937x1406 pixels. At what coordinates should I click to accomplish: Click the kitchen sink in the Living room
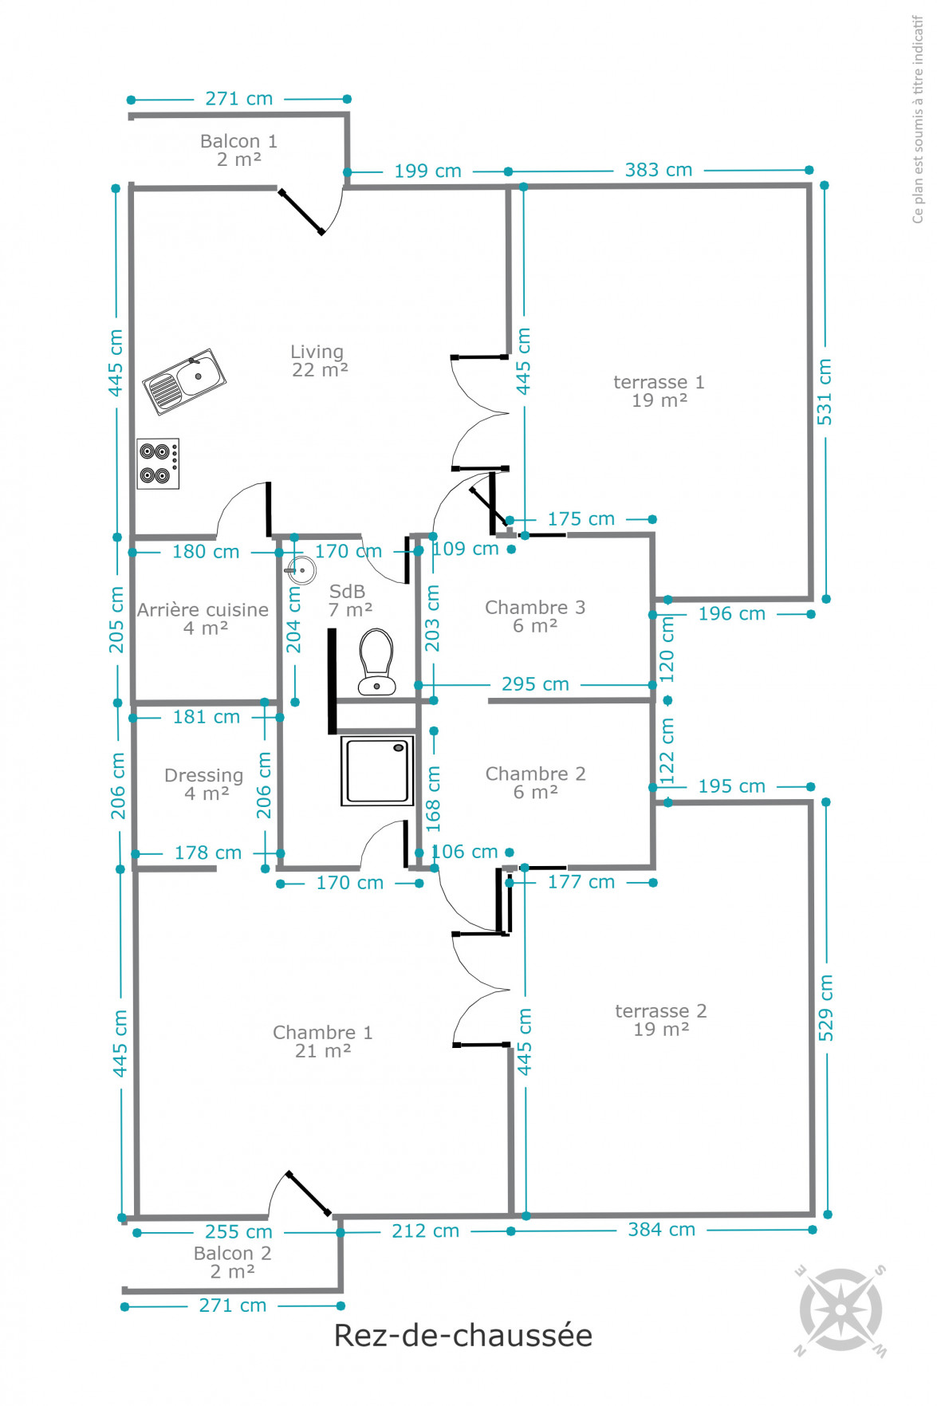184,381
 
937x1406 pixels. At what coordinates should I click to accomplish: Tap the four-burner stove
158,463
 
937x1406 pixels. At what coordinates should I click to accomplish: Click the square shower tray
378,770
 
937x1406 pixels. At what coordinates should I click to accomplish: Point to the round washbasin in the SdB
301,570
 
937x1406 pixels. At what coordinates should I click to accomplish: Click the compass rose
841,1310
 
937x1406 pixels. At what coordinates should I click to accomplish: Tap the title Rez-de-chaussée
463,1336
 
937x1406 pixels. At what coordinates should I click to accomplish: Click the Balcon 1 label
238,150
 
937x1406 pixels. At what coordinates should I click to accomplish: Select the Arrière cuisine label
203,619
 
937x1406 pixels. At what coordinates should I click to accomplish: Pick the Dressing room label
204,784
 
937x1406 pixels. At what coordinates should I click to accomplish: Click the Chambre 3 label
535,616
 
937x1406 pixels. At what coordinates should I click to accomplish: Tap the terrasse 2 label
661,1020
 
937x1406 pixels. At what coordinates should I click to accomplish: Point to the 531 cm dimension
825,392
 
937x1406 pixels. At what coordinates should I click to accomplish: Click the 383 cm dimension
659,170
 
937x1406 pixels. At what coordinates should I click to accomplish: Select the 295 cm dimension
535,684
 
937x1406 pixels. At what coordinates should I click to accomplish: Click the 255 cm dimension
238,1232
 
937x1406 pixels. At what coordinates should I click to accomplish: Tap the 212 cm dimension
426,1231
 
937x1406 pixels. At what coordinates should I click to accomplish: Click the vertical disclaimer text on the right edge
918,120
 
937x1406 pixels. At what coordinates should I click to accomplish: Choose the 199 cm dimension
427,171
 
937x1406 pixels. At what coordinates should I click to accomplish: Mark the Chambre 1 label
323,1042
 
